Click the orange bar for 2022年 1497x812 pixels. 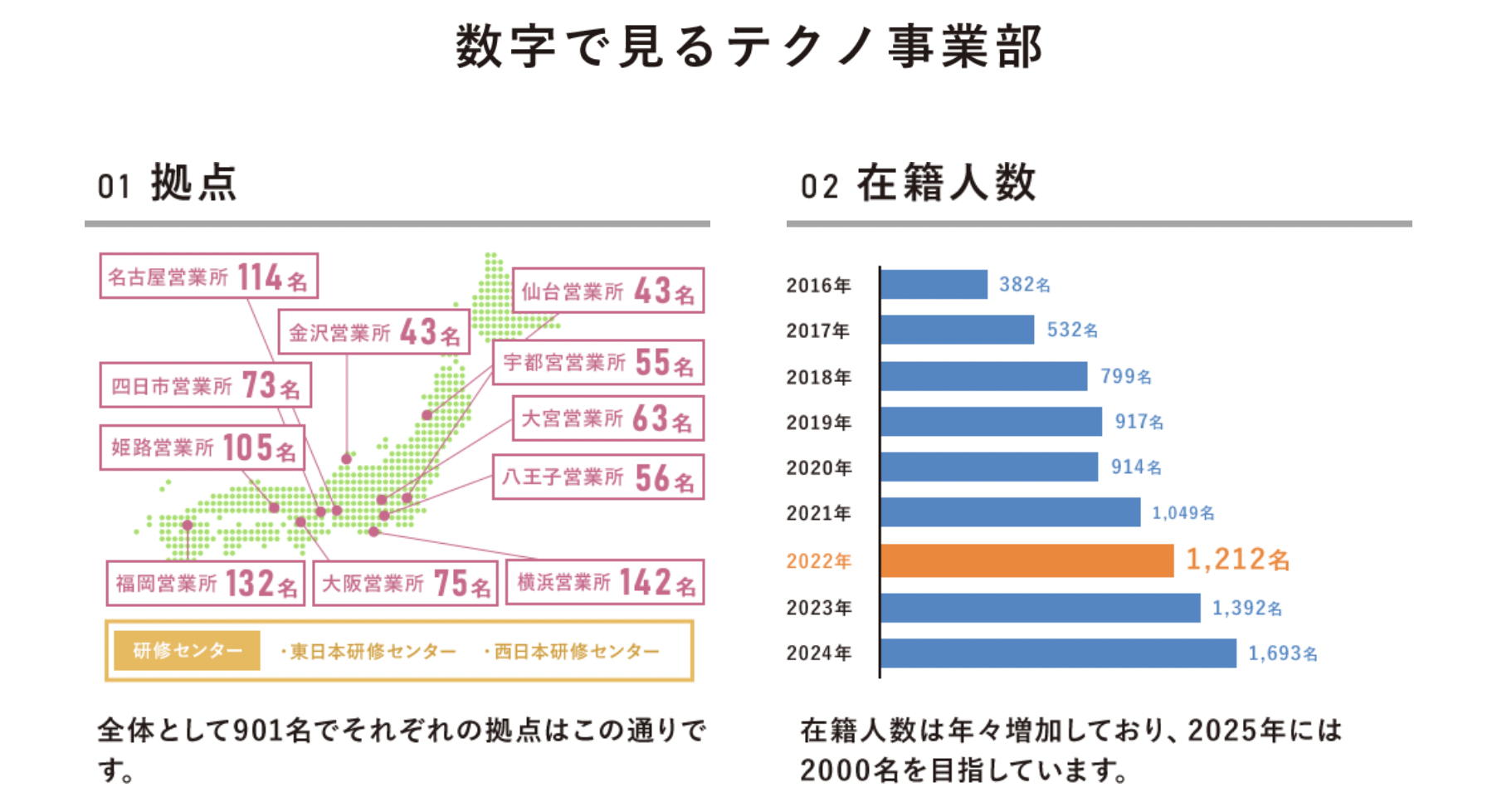[1026, 560]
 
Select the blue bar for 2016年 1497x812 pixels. [934, 284]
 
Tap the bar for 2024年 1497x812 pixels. [1058, 653]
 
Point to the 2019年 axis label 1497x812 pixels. [819, 423]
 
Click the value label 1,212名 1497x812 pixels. [1237, 560]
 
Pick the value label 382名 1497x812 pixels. [1025, 285]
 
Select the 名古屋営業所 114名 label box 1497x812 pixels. [208, 276]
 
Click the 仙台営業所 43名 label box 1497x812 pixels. [608, 291]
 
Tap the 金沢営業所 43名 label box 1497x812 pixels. [373, 332]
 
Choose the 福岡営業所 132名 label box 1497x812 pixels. [206, 583]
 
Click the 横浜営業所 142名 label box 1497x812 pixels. [605, 582]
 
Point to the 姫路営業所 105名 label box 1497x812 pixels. [202, 448]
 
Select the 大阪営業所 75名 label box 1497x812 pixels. [405, 583]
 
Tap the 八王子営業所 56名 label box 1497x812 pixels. [598, 477]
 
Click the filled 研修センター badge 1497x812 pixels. [187, 650]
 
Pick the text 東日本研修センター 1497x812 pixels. [371, 651]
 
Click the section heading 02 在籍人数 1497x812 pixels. [919, 183]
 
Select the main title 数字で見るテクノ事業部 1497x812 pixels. [748, 46]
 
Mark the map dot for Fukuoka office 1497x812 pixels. [188, 526]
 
